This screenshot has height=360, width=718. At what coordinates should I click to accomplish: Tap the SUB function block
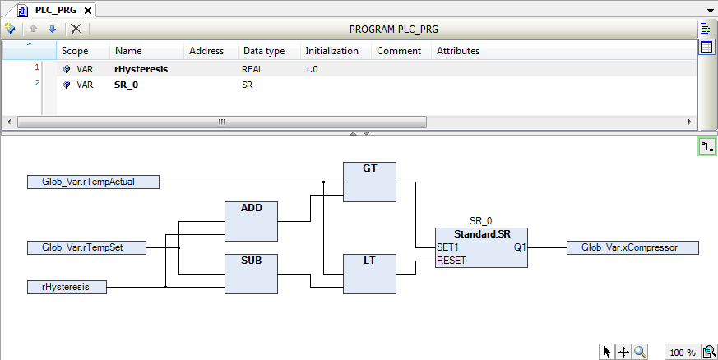[251, 274]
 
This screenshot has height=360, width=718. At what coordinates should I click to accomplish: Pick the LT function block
[369, 274]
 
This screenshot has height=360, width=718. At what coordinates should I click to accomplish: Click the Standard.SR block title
[482, 235]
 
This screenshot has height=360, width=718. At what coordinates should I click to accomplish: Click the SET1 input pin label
[449, 247]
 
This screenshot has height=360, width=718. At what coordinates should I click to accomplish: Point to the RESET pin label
[452, 261]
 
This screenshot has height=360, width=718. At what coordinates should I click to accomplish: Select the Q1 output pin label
[519, 247]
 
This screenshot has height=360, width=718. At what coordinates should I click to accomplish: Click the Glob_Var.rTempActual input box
[92, 182]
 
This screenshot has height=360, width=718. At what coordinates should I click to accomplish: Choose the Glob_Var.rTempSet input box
[86, 247]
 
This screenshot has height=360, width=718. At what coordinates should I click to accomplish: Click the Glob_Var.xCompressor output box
[632, 247]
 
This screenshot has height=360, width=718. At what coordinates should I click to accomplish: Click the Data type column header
[263, 51]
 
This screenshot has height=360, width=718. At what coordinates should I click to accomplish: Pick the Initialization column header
[331, 51]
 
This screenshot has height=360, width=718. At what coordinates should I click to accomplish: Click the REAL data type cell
[252, 69]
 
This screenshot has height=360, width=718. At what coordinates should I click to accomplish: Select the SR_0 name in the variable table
[126, 85]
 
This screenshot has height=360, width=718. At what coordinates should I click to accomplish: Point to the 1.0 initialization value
[311, 69]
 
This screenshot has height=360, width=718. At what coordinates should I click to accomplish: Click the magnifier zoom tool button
[640, 352]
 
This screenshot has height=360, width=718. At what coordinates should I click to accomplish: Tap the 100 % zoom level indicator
[682, 353]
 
